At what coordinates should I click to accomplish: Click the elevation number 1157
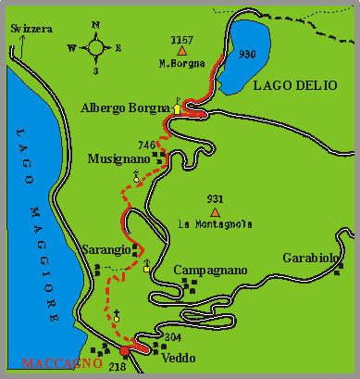pos(182,40)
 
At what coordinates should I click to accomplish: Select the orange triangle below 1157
pos(181,52)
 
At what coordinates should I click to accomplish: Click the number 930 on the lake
pos(246,55)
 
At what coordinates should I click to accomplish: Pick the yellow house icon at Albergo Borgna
pos(178,107)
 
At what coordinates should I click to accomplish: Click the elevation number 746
pos(145,145)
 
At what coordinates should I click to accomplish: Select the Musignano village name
pos(118,158)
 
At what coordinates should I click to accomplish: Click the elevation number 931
pos(215,199)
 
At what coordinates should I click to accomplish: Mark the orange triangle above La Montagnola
pos(215,211)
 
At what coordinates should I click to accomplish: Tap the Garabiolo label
pos(305,258)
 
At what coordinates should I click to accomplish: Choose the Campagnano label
pos(210,270)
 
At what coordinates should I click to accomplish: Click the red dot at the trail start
pos(125,351)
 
